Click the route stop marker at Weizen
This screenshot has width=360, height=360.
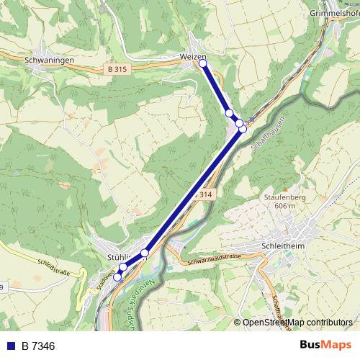pyautogui.click(x=202, y=64)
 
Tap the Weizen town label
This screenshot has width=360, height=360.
pyautogui.click(x=193, y=56)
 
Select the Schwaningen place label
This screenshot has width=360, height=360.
pyautogui.click(x=48, y=62)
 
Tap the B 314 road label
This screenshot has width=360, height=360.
pyautogui.click(x=203, y=194)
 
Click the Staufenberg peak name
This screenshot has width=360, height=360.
pyautogui.click(x=282, y=196)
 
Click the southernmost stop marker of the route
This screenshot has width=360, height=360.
pyautogui.click(x=117, y=277)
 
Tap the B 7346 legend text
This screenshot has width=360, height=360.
pyautogui.click(x=38, y=346)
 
